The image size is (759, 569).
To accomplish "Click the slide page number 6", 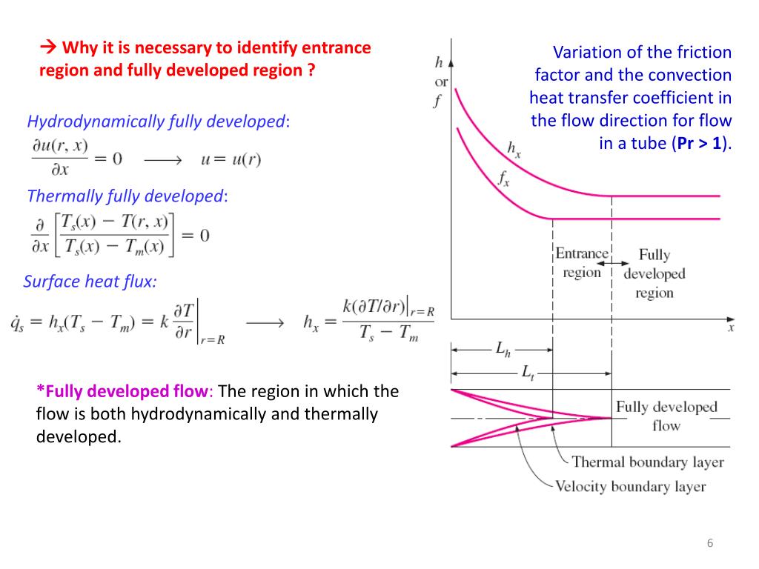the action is (x=710, y=544).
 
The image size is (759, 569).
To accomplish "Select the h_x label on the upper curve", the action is (x=514, y=149).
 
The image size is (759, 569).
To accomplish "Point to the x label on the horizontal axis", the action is (x=732, y=327).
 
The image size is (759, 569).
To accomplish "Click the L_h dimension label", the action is (x=503, y=349).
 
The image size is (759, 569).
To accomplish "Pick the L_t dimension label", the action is (x=528, y=373).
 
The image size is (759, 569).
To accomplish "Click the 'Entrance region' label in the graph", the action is (x=582, y=263).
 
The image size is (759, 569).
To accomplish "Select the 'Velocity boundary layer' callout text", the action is (x=630, y=487).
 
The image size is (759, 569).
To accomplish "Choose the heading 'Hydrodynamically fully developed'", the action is (x=156, y=122).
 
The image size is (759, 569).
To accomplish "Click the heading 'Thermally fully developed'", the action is (x=125, y=196).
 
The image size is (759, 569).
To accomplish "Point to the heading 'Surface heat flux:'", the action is (x=90, y=282).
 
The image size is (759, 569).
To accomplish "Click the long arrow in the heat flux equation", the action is (x=265, y=323).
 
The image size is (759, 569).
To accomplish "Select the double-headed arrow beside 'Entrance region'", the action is (x=611, y=264).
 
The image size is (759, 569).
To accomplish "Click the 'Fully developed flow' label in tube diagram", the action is (x=666, y=416).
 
